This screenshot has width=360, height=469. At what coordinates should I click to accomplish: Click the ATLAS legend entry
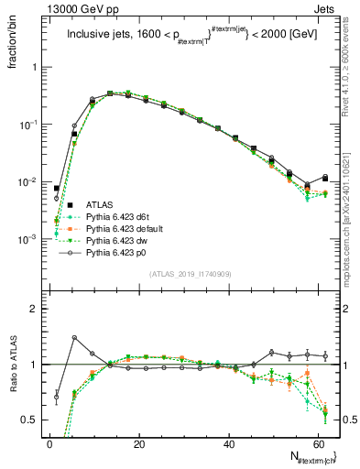(x=99, y=203)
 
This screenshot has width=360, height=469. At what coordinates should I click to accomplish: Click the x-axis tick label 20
(x=138, y=444)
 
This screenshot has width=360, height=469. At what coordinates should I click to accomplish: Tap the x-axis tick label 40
(x=227, y=444)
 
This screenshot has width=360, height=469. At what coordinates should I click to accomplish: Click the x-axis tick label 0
(x=49, y=444)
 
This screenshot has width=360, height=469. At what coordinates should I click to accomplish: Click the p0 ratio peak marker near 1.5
(x=74, y=338)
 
